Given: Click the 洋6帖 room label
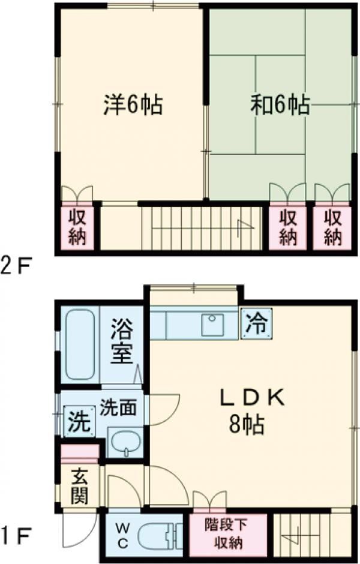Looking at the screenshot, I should point(131,106).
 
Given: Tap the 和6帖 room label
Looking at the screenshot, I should point(280,106).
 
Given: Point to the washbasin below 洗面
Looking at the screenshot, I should point(125,443).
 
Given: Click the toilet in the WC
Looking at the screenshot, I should point(156,534).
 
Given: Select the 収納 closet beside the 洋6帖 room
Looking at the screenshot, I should point(76,227).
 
